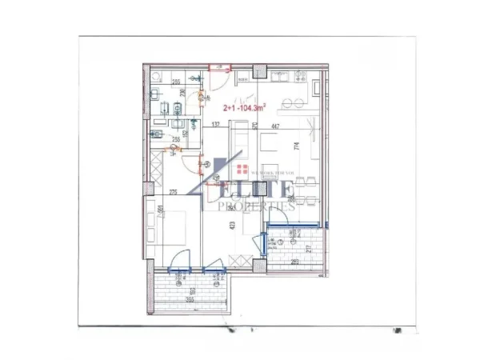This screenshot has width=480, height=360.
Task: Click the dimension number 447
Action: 275,126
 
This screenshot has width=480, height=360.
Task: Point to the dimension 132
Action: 215,126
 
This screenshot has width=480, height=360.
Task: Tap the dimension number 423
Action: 232,226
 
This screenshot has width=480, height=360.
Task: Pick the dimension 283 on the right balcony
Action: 295,262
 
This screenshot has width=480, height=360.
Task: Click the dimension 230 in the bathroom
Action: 182,94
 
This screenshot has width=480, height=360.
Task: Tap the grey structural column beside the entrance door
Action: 258,73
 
